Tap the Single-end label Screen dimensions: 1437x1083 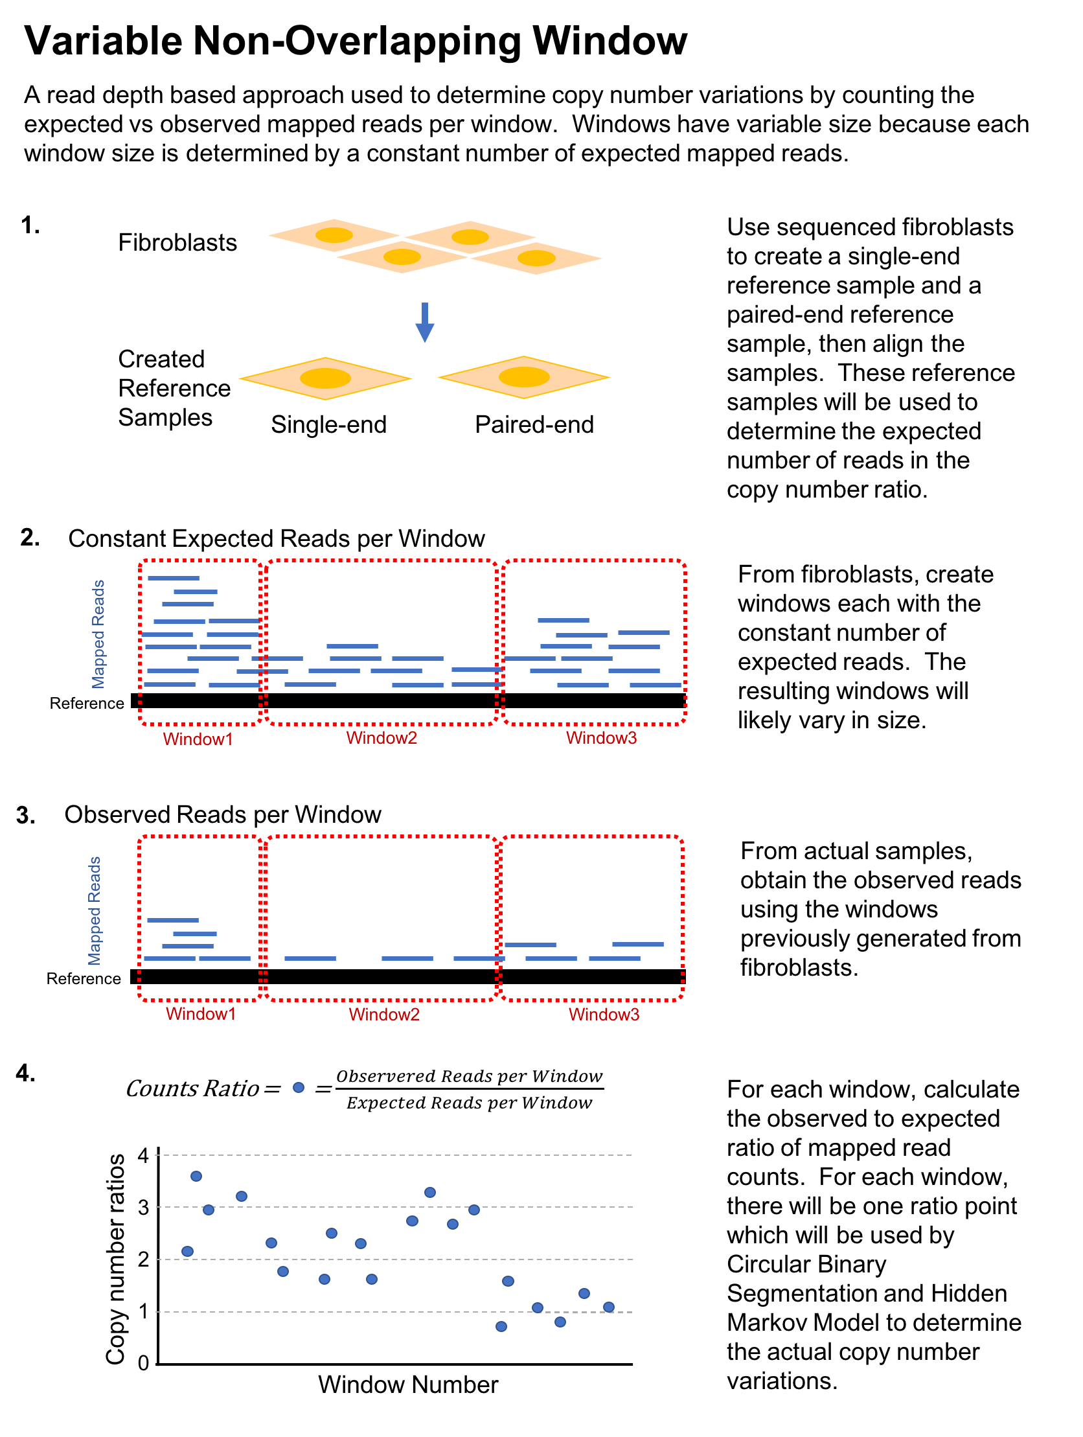click(x=329, y=425)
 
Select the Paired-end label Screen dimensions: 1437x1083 click(x=534, y=425)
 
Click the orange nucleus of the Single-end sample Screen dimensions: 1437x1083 click(x=325, y=378)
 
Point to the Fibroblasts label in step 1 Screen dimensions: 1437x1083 click(x=177, y=243)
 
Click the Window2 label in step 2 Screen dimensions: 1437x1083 click(x=382, y=738)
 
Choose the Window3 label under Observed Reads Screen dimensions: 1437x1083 click(x=604, y=1015)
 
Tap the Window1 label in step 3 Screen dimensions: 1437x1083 click(x=201, y=1014)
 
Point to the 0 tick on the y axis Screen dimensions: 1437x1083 click(x=144, y=1363)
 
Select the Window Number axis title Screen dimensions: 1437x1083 click(x=408, y=1385)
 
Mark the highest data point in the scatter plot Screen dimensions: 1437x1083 click(x=196, y=1176)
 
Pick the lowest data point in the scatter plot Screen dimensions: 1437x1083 click(x=501, y=1327)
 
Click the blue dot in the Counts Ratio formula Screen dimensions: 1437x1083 click(x=298, y=1088)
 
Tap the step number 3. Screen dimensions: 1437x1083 click(x=25, y=815)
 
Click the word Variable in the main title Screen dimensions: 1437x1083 click(x=103, y=41)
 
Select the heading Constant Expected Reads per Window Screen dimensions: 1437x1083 click(x=276, y=538)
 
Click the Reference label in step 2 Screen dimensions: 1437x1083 click(x=86, y=704)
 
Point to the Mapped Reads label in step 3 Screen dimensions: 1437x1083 click(x=94, y=911)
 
